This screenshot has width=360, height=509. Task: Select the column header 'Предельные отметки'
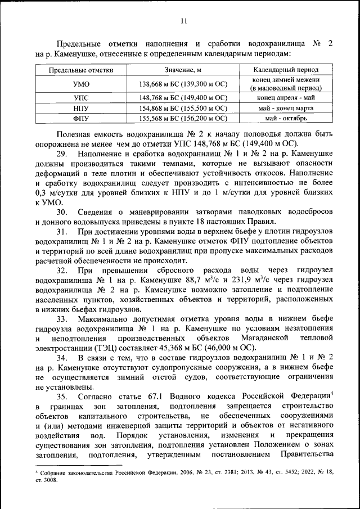[x=81, y=70]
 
